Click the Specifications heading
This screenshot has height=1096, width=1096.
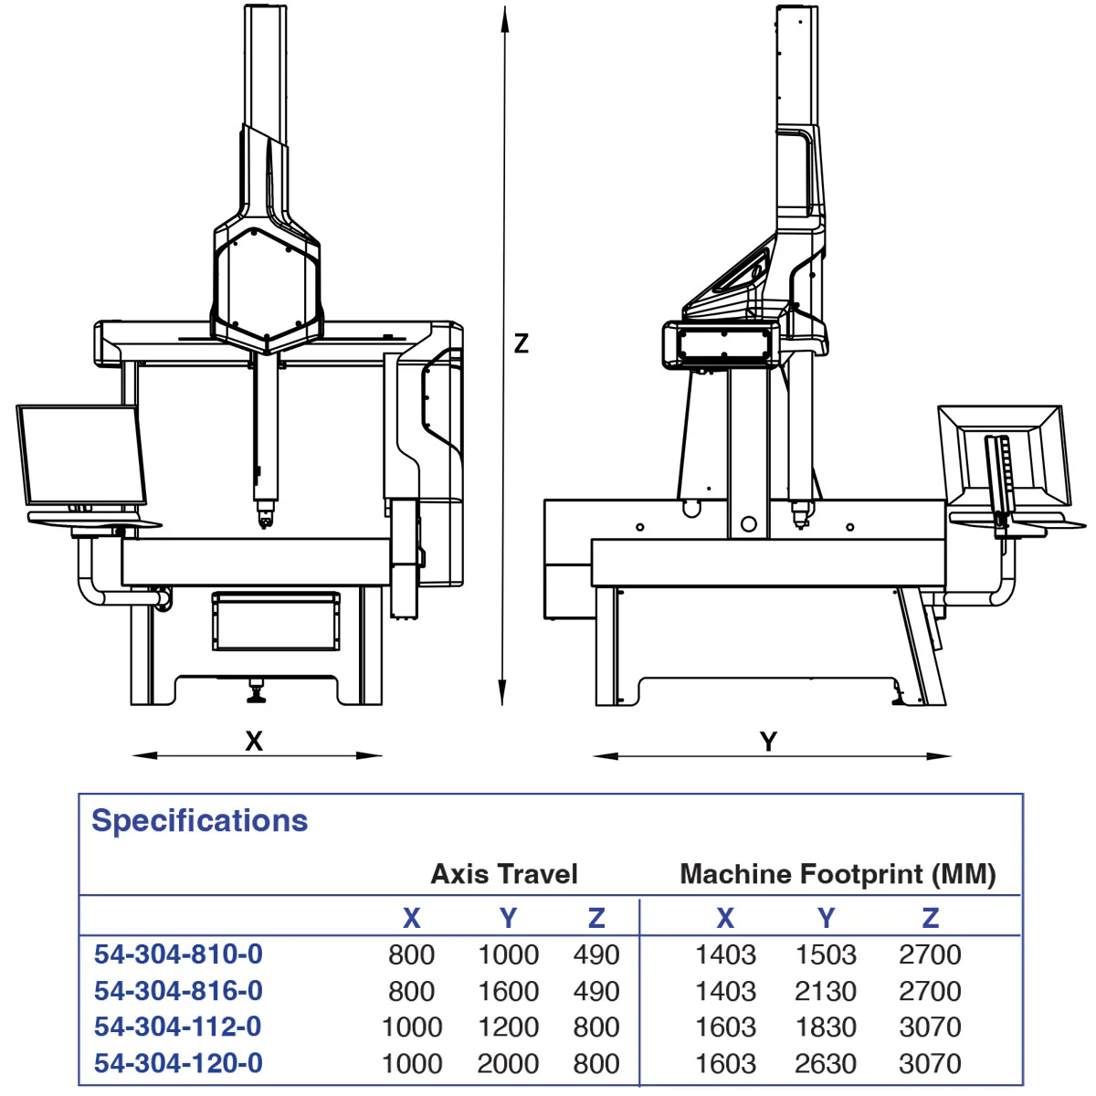pos(199,820)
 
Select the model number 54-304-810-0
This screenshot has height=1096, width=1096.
pos(178,954)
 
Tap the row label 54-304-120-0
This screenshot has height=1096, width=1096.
pos(178,1063)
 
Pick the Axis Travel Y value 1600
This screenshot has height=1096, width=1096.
pos(508,991)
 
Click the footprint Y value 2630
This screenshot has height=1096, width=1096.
pos(826,1063)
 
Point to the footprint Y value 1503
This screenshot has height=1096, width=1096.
pos(826,954)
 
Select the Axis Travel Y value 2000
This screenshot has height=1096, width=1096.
pos(508,1063)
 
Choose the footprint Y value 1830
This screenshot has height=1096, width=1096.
pos(826,1027)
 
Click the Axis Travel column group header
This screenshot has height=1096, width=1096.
pos(504,874)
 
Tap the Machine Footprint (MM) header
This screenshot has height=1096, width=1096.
pos(838,874)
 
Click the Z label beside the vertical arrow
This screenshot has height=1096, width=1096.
pos(522,343)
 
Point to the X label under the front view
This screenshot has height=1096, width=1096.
pos(254,741)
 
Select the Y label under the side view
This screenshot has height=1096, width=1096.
pos(769,742)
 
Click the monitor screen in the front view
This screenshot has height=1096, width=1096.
pos(80,455)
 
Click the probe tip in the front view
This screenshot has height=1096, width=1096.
pos(265,521)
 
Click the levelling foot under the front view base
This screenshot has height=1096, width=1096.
pos(256,694)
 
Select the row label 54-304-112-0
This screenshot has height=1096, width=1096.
pos(178,1027)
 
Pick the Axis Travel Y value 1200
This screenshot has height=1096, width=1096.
pos(508,1027)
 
